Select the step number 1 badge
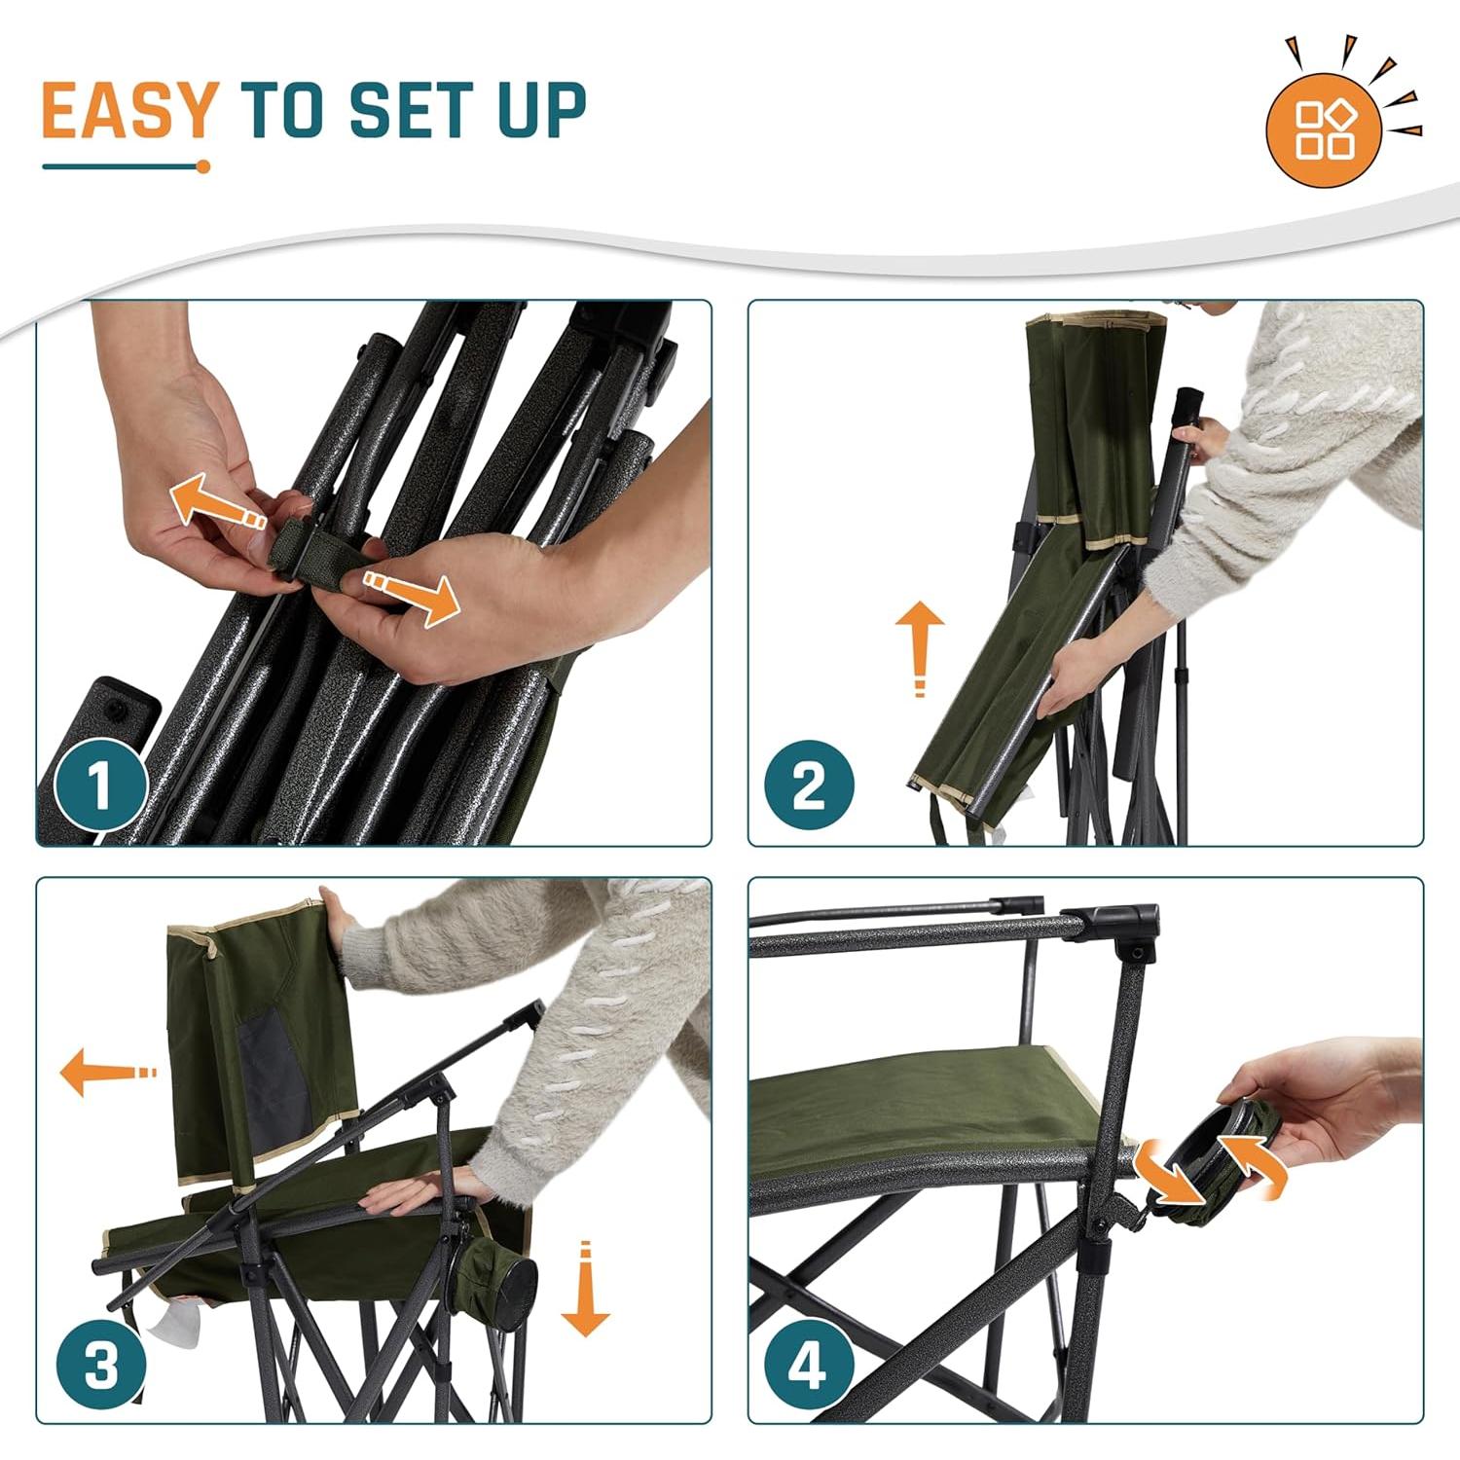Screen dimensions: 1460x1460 click(100, 786)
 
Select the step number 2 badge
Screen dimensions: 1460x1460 click(808, 786)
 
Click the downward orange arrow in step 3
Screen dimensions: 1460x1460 click(585, 1289)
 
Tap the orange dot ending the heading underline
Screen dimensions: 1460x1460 click(203, 166)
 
